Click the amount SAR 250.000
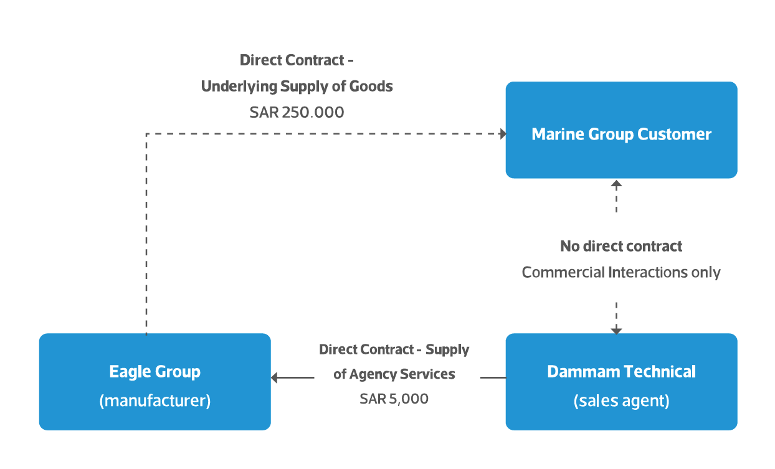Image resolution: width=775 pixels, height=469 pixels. [297, 113]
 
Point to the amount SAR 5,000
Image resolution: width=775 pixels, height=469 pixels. [394, 399]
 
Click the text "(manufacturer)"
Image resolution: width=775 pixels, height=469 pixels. [155, 400]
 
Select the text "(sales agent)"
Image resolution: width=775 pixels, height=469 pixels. [621, 401]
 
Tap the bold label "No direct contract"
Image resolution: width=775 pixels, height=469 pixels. [621, 247]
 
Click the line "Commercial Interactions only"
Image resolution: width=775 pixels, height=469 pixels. [621, 273]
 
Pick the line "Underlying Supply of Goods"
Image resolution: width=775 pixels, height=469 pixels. [297, 87]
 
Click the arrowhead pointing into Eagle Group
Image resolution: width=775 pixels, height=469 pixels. [275, 377]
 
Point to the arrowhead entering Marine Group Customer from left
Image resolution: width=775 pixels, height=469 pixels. [502, 133]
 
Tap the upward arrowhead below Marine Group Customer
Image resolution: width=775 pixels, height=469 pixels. [616, 184]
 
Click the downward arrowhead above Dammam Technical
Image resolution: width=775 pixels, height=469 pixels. [616, 329]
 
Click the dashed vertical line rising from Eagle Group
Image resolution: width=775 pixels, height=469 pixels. [146, 237]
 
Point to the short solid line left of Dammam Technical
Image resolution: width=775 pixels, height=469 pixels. [493, 377]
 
